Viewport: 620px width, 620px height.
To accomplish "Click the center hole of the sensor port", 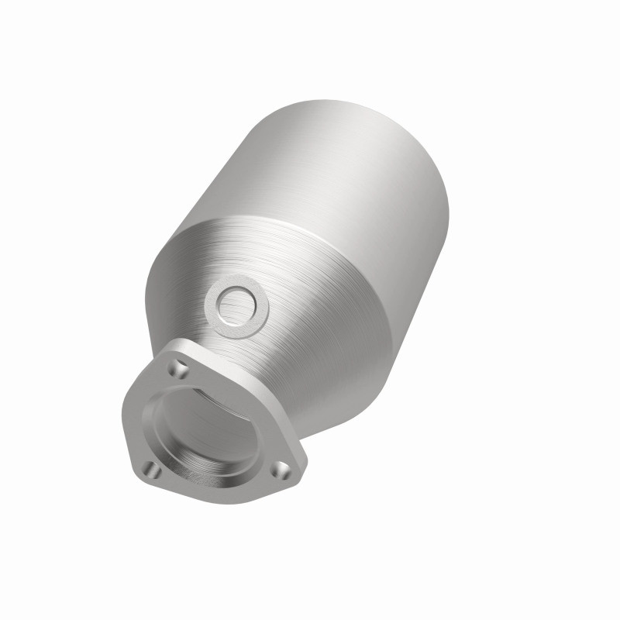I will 236,305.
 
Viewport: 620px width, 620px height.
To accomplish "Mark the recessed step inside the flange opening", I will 232,465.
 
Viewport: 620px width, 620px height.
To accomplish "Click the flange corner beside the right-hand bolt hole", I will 298,474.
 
